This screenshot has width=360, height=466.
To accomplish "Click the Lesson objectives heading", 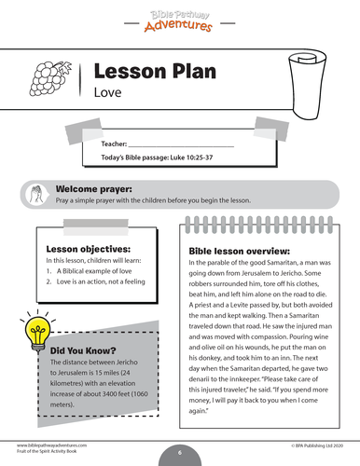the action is (88, 249).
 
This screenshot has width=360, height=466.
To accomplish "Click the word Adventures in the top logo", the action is (179, 23).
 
